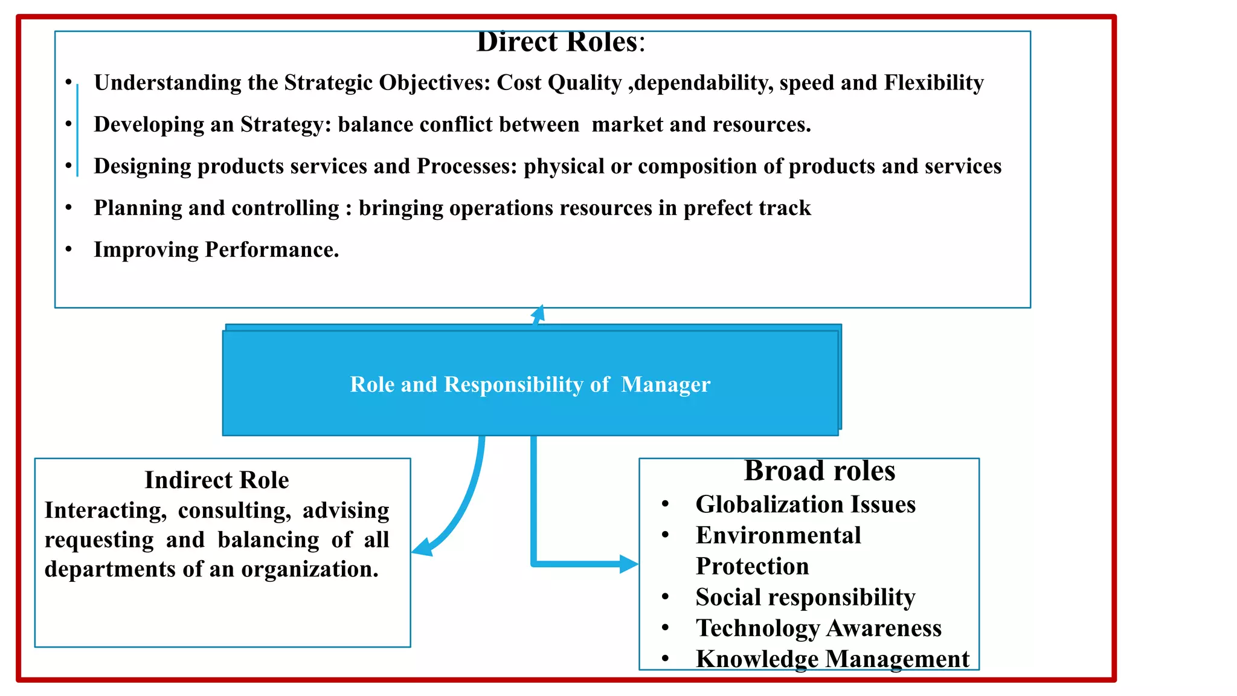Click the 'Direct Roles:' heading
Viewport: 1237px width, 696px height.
(561, 42)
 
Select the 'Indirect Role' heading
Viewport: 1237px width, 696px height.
(216, 480)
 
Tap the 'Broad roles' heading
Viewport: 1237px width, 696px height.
(819, 471)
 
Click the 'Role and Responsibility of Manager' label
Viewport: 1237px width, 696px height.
(530, 385)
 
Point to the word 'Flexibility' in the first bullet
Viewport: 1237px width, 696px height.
(934, 83)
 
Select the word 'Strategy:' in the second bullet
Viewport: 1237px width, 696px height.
(286, 124)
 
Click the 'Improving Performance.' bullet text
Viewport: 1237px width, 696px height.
(216, 250)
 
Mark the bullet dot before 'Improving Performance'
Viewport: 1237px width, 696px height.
(69, 249)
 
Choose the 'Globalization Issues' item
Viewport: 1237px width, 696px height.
(805, 504)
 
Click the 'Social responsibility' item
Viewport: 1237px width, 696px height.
(805, 598)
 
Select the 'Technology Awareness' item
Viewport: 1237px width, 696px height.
(818, 628)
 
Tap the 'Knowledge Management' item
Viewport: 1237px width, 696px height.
(832, 659)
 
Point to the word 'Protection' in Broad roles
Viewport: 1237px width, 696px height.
(752, 566)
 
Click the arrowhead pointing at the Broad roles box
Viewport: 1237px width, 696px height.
(629, 564)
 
